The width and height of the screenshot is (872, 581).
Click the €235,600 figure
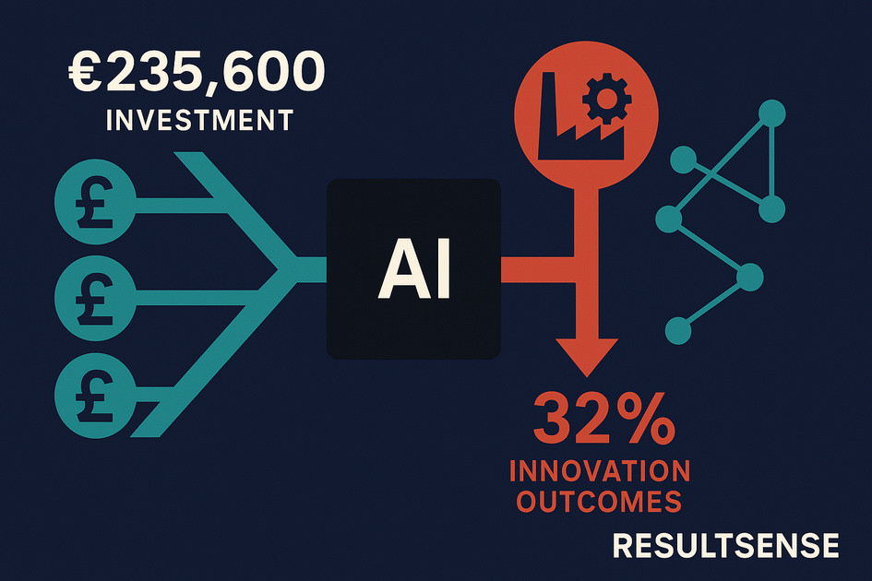click(197, 72)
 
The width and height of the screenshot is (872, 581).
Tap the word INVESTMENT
click(200, 121)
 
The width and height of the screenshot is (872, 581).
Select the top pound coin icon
click(96, 198)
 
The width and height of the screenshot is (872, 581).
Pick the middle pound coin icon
click(96, 294)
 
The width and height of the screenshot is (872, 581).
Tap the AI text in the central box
click(414, 270)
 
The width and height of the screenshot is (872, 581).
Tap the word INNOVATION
click(599, 471)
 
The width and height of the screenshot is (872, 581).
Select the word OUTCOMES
click(599, 502)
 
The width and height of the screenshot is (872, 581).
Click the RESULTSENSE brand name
click(725, 546)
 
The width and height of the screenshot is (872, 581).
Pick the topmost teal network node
click(771, 114)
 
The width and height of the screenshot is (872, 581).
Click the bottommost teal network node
click(678, 329)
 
